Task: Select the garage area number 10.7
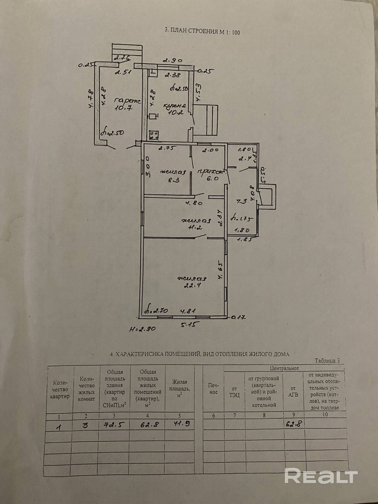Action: pos(123,108)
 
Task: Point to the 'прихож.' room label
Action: pos(211,172)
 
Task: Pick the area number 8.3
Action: pos(173,180)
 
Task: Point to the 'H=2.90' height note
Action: pos(142,329)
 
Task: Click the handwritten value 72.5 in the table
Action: pos(115,424)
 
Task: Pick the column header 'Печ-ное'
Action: pos(213,389)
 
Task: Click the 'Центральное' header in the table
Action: pos(284,368)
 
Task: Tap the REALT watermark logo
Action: pos(321,475)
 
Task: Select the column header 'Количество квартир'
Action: pos(60,390)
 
